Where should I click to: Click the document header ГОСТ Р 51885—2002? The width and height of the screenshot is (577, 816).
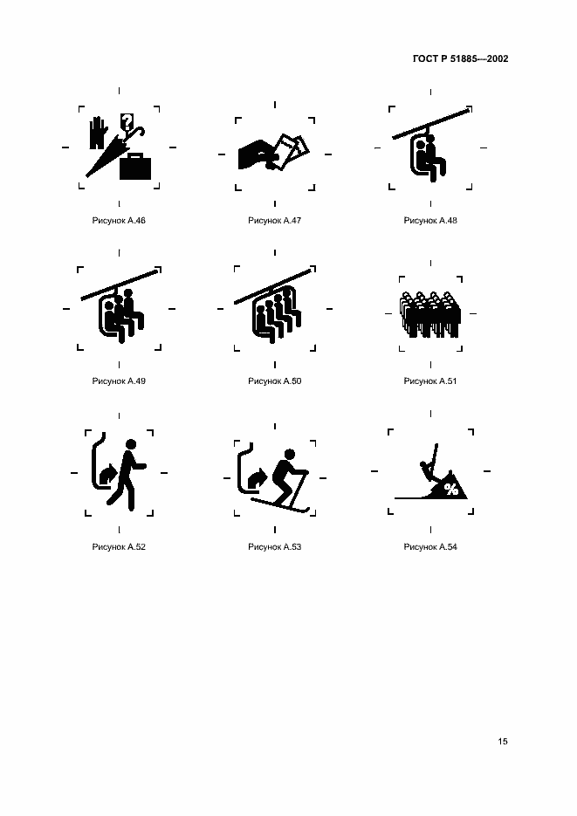tap(460, 58)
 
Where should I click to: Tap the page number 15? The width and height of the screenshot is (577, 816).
tap(503, 741)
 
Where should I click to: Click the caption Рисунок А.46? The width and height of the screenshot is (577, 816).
tap(119, 220)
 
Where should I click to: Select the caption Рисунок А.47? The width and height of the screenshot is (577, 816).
tap(275, 220)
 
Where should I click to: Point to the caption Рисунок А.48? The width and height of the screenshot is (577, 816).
tap(430, 220)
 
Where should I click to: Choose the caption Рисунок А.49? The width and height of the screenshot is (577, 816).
tap(119, 381)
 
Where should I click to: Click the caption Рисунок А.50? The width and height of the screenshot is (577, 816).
tap(275, 381)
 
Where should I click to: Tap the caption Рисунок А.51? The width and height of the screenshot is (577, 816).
tap(430, 381)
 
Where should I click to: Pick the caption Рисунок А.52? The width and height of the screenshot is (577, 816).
tap(119, 546)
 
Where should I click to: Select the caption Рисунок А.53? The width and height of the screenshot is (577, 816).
tap(275, 546)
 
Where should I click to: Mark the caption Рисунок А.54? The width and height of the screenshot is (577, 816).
tap(430, 546)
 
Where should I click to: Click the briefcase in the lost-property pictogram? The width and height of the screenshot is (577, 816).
tap(135, 167)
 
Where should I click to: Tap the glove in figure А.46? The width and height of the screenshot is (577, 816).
tap(97, 133)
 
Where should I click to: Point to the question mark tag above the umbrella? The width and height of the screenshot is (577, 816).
tap(127, 121)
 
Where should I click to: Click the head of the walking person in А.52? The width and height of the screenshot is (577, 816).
tap(131, 444)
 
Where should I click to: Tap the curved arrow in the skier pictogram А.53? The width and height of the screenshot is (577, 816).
tap(257, 477)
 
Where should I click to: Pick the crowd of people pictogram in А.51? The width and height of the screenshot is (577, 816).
tap(430, 314)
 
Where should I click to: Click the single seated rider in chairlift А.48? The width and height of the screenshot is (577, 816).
tap(433, 158)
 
